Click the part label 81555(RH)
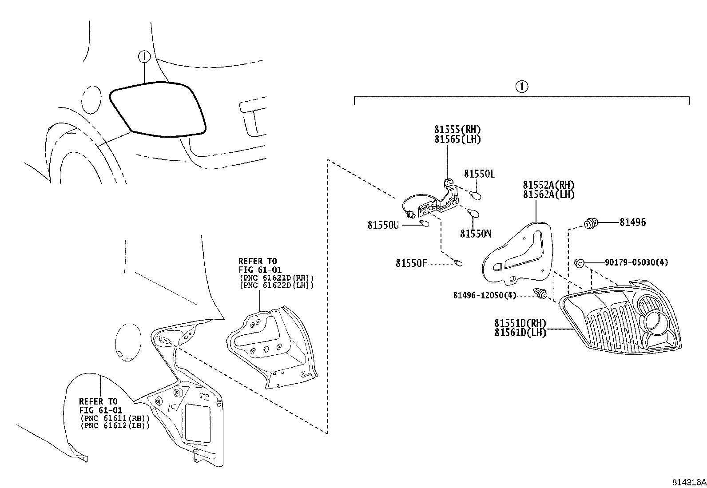point(457,129)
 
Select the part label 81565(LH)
point(457,139)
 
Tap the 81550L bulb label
point(479,174)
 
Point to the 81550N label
point(476,234)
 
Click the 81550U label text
point(383,225)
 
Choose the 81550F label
point(411,263)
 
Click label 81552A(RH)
point(548,185)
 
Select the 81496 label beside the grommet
point(632,222)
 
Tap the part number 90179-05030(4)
point(636,262)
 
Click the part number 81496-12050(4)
point(485,295)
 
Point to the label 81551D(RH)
point(520,323)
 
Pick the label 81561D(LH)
point(520,333)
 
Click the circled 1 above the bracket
point(522,87)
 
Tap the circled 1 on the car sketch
point(144,56)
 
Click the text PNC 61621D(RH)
point(277,278)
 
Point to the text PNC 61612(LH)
point(115,425)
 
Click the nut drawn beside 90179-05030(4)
point(579,262)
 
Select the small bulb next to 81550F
point(458,262)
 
